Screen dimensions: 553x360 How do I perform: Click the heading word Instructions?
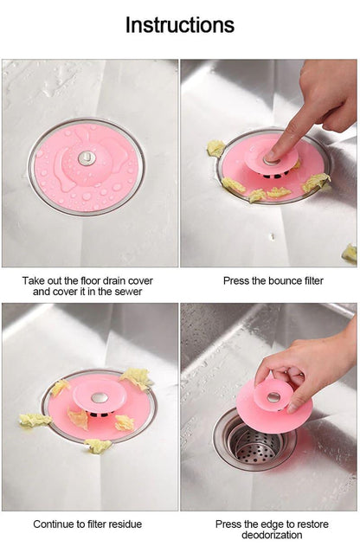pyautogui.click(x=179, y=25)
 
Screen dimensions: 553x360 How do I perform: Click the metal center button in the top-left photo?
pyautogui.click(x=87, y=158)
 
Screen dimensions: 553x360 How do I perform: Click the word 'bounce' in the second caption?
pyautogui.click(x=274, y=281)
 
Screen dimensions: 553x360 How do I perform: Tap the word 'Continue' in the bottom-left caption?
pyautogui.click(x=54, y=524)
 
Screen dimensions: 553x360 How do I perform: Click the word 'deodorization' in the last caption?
pyautogui.click(x=271, y=535)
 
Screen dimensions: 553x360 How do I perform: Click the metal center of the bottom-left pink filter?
pyautogui.click(x=100, y=397)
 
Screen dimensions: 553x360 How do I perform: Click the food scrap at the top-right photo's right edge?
pyautogui.click(x=350, y=253)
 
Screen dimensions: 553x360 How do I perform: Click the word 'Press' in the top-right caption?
pyautogui.click(x=237, y=281)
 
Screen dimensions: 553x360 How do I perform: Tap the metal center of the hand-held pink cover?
pyautogui.click(x=273, y=397)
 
